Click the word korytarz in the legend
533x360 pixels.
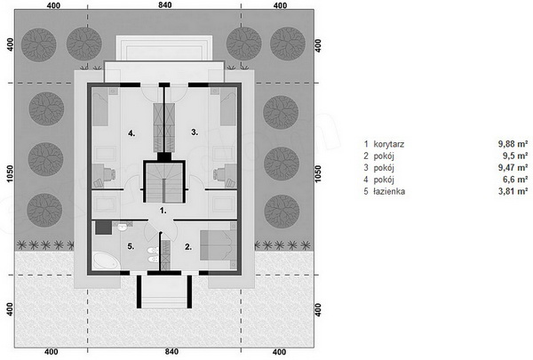[x=388, y=144]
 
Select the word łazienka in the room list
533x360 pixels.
[x=389, y=191]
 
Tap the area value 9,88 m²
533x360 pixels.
[x=513, y=144]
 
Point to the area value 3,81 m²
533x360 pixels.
[x=513, y=191]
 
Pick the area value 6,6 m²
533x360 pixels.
[x=515, y=180]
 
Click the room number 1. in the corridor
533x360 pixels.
[x=163, y=211]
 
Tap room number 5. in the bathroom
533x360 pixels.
[x=131, y=246]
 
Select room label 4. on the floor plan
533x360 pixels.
[x=131, y=133]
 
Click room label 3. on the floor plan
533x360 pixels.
[x=195, y=132]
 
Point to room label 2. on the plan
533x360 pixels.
[x=188, y=247]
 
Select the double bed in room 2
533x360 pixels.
[x=219, y=245]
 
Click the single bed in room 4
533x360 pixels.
[x=99, y=107]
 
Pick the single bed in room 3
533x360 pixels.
[x=228, y=107]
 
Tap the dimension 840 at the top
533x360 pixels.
[x=165, y=4]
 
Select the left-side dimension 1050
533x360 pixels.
[x=10, y=173]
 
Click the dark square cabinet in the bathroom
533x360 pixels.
[x=103, y=228]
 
